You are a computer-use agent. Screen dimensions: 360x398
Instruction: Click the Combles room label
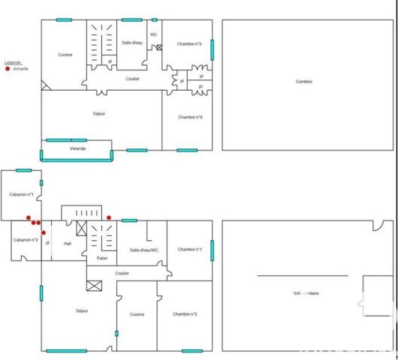(x=303, y=81)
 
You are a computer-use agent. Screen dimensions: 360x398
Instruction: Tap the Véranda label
(x=77, y=148)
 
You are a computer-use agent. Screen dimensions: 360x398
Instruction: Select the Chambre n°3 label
(x=189, y=44)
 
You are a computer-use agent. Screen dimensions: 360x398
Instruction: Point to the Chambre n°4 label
(x=189, y=117)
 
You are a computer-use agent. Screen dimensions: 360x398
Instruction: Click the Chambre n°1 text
(x=189, y=250)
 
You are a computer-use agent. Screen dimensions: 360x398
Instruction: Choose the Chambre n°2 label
(x=185, y=314)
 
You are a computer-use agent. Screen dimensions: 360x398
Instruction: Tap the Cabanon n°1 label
(x=22, y=195)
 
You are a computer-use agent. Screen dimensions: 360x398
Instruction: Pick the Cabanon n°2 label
(x=25, y=239)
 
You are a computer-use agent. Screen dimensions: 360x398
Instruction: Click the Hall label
(x=68, y=243)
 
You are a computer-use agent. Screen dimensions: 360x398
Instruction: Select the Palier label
(x=102, y=258)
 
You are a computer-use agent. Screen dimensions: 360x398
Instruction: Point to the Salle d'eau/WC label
(x=143, y=250)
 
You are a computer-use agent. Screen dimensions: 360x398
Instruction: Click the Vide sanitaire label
(x=306, y=293)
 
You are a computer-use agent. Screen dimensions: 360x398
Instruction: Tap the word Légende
(x=13, y=62)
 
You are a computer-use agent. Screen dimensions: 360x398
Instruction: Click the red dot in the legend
(x=8, y=68)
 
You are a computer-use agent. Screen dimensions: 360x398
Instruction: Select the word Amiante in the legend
(x=21, y=68)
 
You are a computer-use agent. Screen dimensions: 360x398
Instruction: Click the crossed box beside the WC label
(x=159, y=48)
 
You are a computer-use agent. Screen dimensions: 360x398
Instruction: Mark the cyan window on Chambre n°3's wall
(x=213, y=48)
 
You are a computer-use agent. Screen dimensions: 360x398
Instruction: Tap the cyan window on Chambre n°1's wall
(x=213, y=250)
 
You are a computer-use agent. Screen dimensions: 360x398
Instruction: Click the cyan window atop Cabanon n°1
(x=24, y=170)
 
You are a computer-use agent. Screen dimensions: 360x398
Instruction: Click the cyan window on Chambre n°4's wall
(x=187, y=150)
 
